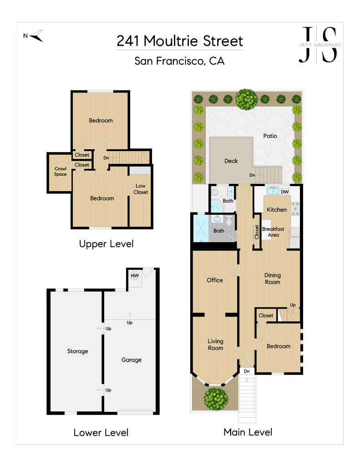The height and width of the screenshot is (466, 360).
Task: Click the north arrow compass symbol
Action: pyautogui.click(x=35, y=36)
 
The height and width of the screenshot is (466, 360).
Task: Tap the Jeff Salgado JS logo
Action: pyautogui.click(x=319, y=45)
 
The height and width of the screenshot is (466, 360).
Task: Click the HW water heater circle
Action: pyautogui.click(x=135, y=275)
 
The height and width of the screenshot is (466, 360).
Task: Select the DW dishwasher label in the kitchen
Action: pyautogui.click(x=285, y=192)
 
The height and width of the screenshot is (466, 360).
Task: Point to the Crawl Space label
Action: pyautogui.click(x=61, y=172)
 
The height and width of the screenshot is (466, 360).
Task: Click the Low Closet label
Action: pyautogui.click(x=141, y=189)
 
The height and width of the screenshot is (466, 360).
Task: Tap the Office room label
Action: pyautogui.click(x=215, y=280)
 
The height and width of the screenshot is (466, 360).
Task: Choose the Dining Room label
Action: pyautogui.click(x=273, y=279)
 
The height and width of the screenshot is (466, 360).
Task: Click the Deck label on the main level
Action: pyautogui.click(x=231, y=161)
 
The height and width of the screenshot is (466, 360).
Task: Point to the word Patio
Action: pyautogui.click(x=270, y=136)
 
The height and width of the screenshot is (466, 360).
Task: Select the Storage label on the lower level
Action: pyautogui.click(x=77, y=351)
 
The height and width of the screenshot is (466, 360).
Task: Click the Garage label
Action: pyautogui.click(x=132, y=360)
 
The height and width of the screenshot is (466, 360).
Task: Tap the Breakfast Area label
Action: pyautogui.click(x=273, y=232)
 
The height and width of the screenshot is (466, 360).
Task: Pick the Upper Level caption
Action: pyautogui.click(x=106, y=244)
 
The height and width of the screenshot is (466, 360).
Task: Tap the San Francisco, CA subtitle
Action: pyautogui.click(x=179, y=61)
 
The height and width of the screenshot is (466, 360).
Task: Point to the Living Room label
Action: pyautogui.click(x=216, y=344)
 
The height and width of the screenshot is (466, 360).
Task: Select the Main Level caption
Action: pyautogui.click(x=248, y=432)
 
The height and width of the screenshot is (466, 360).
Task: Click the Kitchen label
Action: pyautogui.click(x=277, y=209)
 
